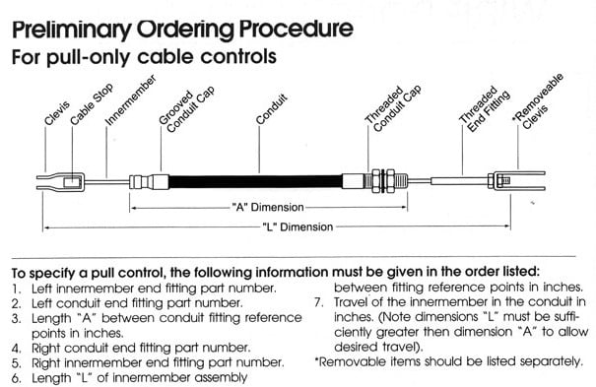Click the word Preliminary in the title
pyautogui.click(x=72, y=30)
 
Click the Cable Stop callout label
pyautogui.click(x=92, y=103)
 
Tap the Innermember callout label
pyautogui.click(x=130, y=99)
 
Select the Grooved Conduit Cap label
pyautogui.click(x=186, y=109)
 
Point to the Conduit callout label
pyautogui.click(x=271, y=109)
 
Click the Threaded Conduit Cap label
pyautogui.click(x=393, y=108)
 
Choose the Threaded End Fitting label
pyautogui.click(x=485, y=109)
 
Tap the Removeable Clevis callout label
pyautogui.click(x=538, y=101)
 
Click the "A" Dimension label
pyautogui.click(x=268, y=208)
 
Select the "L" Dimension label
pyautogui.click(x=298, y=227)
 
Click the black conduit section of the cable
pyautogui.click(x=256, y=181)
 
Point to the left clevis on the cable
pyautogui.click(x=61, y=181)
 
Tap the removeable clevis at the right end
pyautogui.click(x=517, y=180)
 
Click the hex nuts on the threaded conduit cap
pyautogui.click(x=383, y=180)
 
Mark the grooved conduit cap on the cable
pyautogui.click(x=149, y=181)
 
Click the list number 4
pyautogui.click(x=16, y=349)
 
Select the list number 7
pyautogui.click(x=319, y=302)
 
